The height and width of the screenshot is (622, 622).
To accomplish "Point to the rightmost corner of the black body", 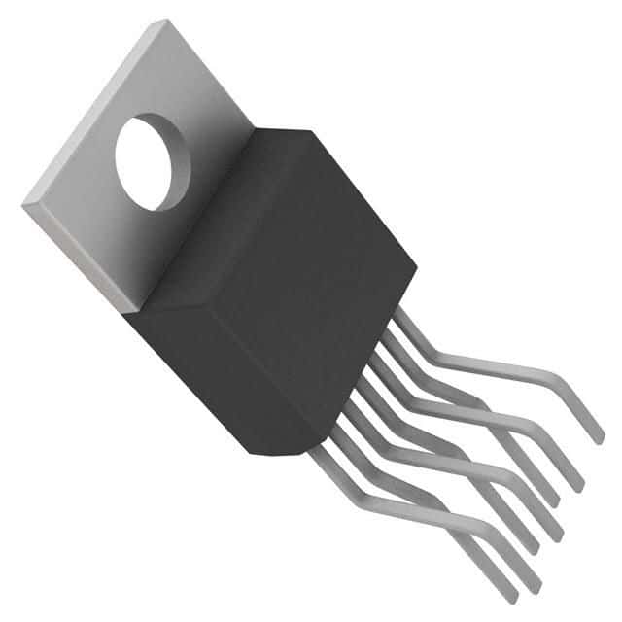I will point(417,263).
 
